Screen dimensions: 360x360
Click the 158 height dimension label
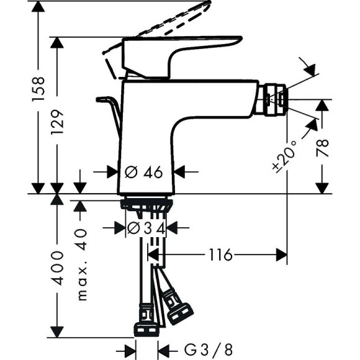click(38, 89)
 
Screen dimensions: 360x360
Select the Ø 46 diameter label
click(144, 172)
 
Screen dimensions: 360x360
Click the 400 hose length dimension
click(56, 268)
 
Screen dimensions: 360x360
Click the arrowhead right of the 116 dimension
click(281, 254)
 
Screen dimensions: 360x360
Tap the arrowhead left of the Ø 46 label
click(112, 172)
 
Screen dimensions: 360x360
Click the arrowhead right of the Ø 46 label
click(181, 172)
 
